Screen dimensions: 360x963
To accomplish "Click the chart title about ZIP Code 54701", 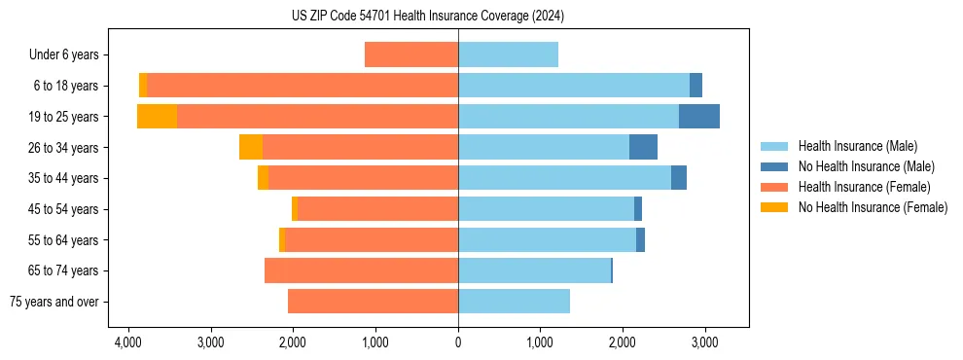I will (428, 16).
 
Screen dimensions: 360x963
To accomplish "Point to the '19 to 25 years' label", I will (64, 117).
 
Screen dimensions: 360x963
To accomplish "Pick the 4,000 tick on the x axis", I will (128, 342).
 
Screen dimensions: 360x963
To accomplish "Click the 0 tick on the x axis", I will (458, 342).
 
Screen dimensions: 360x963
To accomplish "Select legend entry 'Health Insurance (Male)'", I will (857, 146).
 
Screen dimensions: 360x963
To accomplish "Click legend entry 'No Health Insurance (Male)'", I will (866, 166).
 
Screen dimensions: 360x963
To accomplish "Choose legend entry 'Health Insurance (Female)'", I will (863, 187).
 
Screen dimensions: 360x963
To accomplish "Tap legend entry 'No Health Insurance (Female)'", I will (872, 207).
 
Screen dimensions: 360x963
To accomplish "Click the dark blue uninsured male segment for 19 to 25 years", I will (699, 117).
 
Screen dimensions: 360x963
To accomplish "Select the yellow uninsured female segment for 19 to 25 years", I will (157, 117).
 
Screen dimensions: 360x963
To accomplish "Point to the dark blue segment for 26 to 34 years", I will (643, 147).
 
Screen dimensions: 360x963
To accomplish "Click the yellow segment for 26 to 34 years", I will (251, 147).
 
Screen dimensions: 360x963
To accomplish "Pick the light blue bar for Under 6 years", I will (508, 55).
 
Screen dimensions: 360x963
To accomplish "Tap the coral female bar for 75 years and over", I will (373, 302).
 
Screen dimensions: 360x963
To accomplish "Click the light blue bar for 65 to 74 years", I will (534, 270).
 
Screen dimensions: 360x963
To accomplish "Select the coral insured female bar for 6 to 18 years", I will (303, 86).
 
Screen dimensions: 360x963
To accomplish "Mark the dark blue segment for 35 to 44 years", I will (679, 178).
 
